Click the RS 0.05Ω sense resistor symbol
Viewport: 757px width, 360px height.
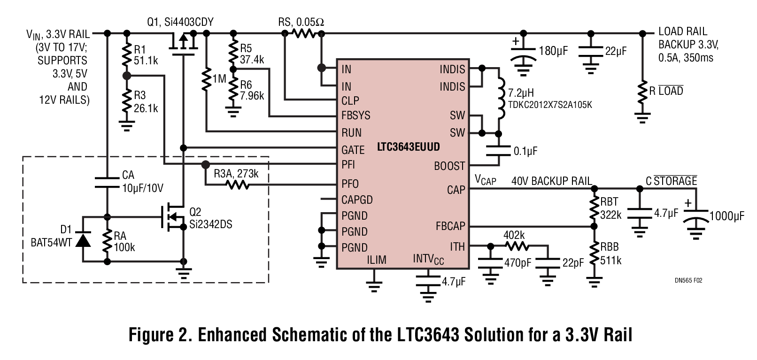tap(303, 33)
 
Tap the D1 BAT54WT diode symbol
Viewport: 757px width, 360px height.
tap(83, 239)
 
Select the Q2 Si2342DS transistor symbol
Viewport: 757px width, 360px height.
tap(174, 217)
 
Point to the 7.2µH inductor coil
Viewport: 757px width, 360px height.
tap(501, 98)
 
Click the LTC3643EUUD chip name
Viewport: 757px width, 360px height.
tap(408, 147)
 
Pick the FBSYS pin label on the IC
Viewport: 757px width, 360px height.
tap(355, 115)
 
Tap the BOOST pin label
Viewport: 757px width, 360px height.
tap(449, 166)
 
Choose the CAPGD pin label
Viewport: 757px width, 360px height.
tap(357, 200)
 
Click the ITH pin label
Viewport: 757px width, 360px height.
tap(457, 247)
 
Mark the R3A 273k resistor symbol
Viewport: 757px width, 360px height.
tap(238, 185)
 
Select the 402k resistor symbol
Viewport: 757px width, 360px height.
tap(517, 246)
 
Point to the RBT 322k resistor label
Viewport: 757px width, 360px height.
tap(610, 208)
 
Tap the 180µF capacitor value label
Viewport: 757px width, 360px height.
tap(553, 51)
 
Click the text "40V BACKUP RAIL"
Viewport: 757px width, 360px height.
tap(551, 181)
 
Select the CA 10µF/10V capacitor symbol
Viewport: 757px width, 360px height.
tap(107, 183)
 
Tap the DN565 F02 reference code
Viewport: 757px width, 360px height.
tap(688, 280)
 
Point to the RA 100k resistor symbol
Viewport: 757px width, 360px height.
tap(107, 240)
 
